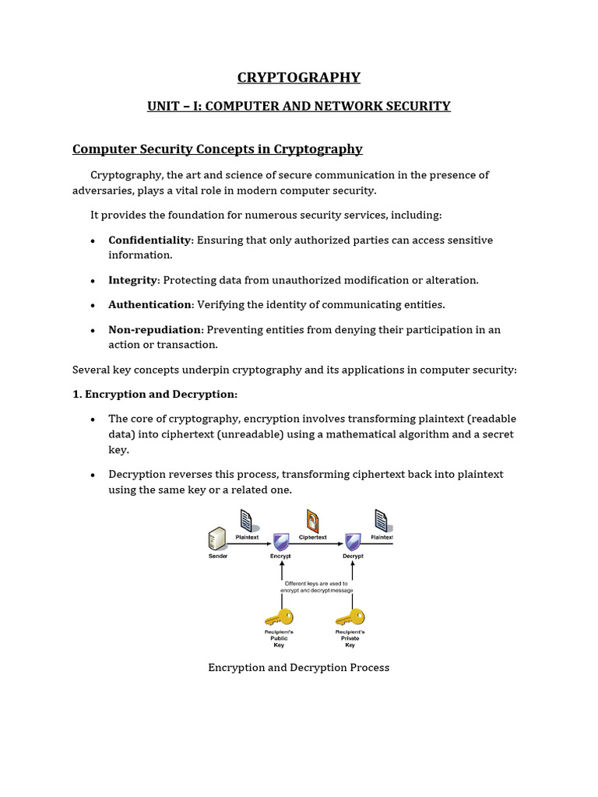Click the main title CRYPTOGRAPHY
(x=299, y=77)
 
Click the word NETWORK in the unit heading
(x=351, y=106)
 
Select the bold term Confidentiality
(x=149, y=240)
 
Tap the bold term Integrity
(x=132, y=280)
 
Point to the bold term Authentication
(x=149, y=304)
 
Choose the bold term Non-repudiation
(x=155, y=329)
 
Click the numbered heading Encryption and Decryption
(x=155, y=395)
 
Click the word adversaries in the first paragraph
(x=109, y=191)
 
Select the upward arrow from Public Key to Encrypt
(x=281, y=580)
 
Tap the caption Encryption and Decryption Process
(x=299, y=668)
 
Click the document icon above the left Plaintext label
(x=246, y=520)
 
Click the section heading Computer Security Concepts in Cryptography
(x=217, y=149)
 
